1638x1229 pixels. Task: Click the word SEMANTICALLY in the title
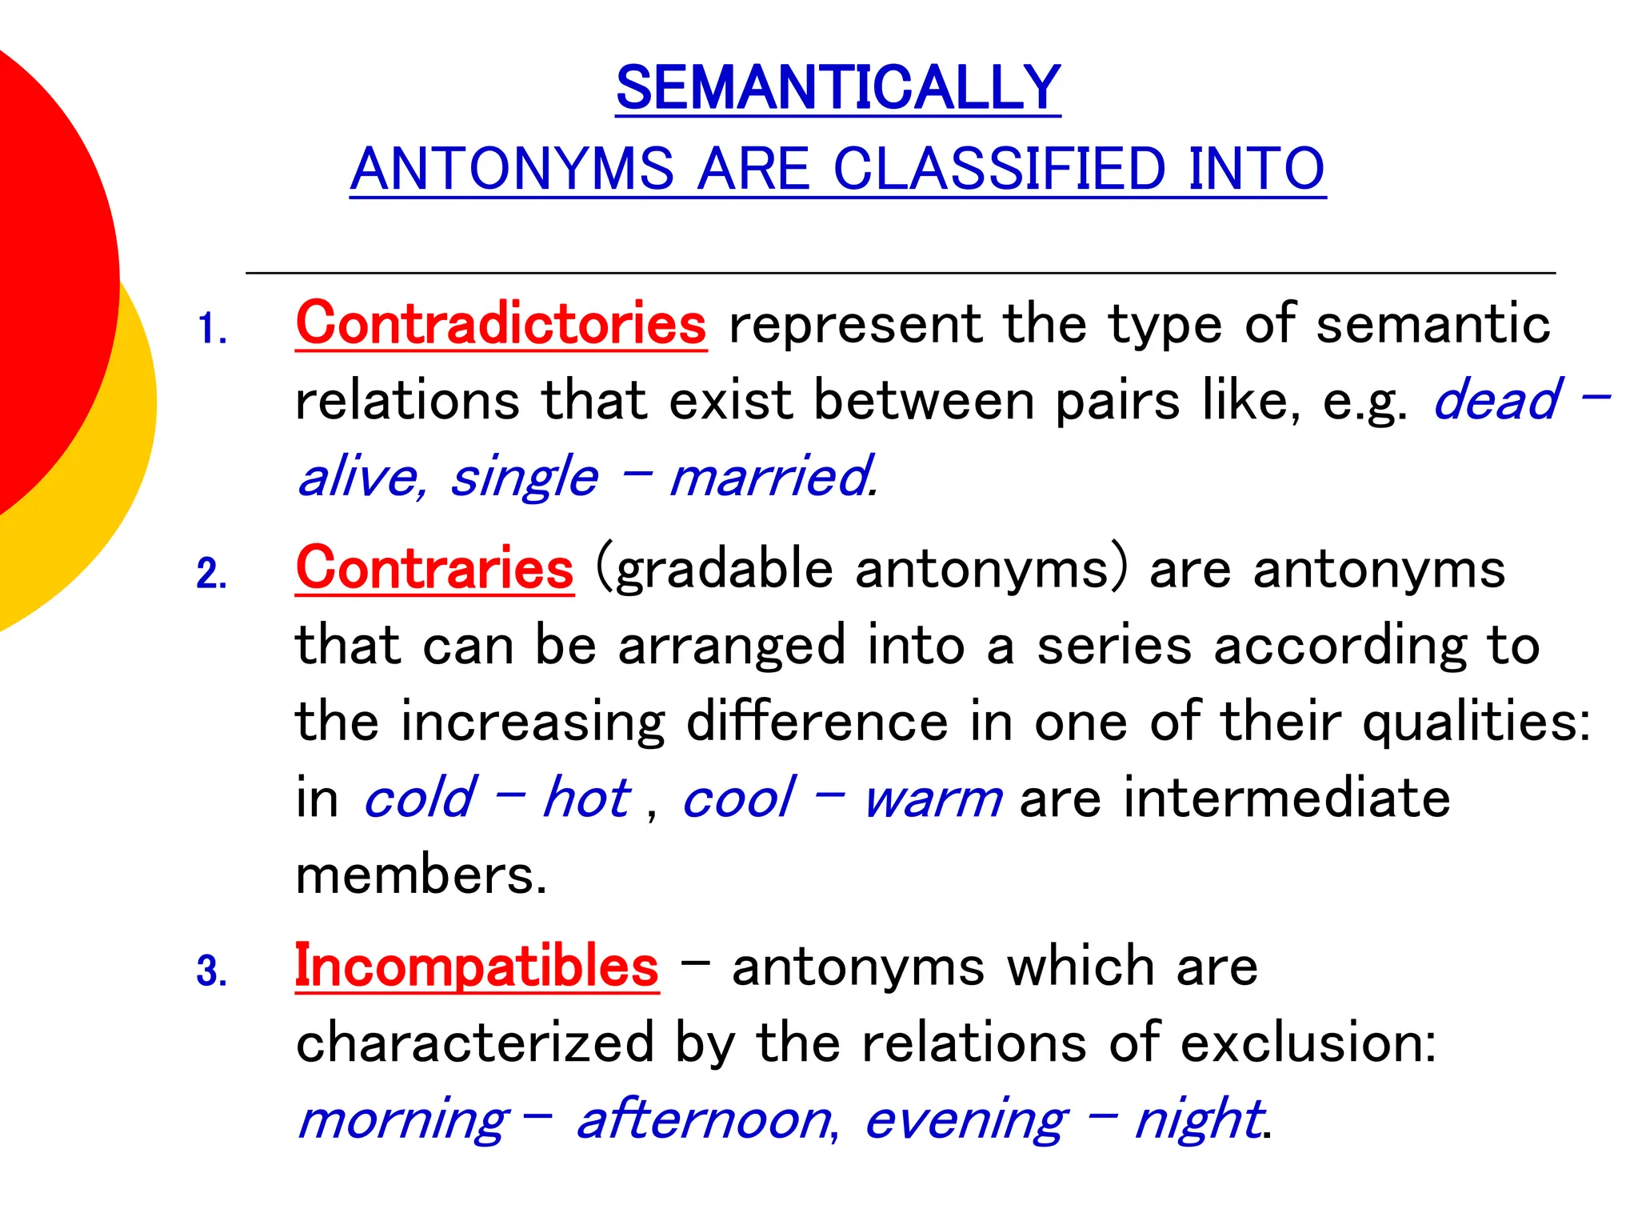click(x=837, y=88)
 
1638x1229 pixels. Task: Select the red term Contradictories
click(x=501, y=324)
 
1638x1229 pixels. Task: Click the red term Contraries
click(x=434, y=569)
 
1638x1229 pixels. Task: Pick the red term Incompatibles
click(x=477, y=966)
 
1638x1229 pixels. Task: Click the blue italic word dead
click(x=1496, y=400)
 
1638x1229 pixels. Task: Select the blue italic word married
click(x=769, y=477)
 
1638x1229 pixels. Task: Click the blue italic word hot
click(x=586, y=798)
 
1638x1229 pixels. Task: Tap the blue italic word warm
click(x=933, y=799)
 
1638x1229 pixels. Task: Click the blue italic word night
click(x=1197, y=1120)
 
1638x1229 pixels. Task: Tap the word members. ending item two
click(x=419, y=875)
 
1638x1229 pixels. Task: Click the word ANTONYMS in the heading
click(x=512, y=169)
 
